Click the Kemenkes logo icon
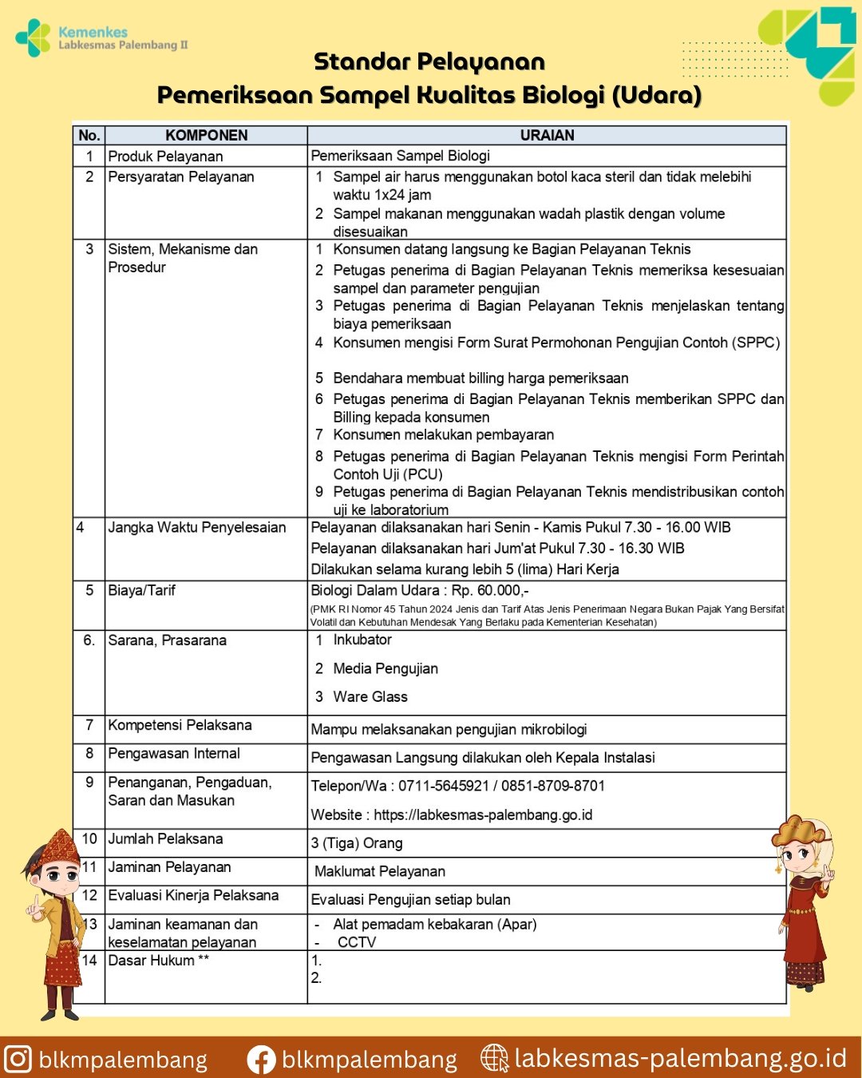coord(33,38)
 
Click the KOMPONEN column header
coord(206,136)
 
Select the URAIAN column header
coord(547,136)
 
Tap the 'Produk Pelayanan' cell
coord(165,157)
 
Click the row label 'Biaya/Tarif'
coord(141,591)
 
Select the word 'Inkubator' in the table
coord(362,640)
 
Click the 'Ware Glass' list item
coord(370,697)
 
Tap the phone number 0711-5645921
coord(444,787)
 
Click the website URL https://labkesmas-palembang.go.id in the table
coord(483,815)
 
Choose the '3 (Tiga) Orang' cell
coord(357,844)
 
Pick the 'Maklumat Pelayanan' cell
coord(380,872)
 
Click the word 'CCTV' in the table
coord(357,943)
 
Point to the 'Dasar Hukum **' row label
coord(158,961)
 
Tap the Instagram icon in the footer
coord(18,1060)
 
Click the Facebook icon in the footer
coord(261,1060)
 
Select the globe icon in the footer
coord(495,1059)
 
